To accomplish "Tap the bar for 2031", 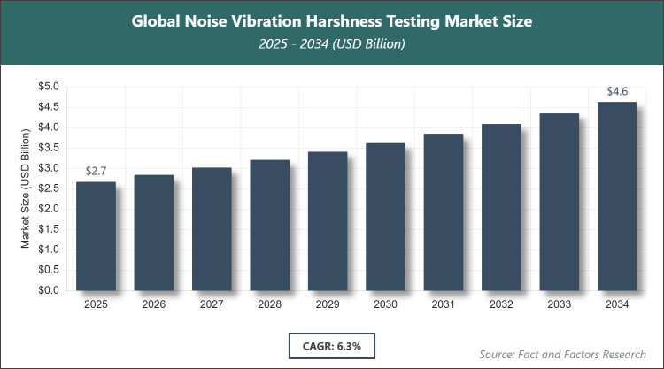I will [x=443, y=211].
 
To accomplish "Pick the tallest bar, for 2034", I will [x=617, y=196].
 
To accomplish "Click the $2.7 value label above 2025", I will [x=96, y=170].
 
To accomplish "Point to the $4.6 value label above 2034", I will [x=617, y=90].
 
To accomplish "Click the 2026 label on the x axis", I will [x=154, y=304].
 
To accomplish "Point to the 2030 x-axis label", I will [x=385, y=304].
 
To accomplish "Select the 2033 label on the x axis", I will [x=559, y=304].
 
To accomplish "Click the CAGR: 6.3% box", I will [x=331, y=343].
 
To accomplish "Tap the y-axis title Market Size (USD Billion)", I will [x=26, y=188].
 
